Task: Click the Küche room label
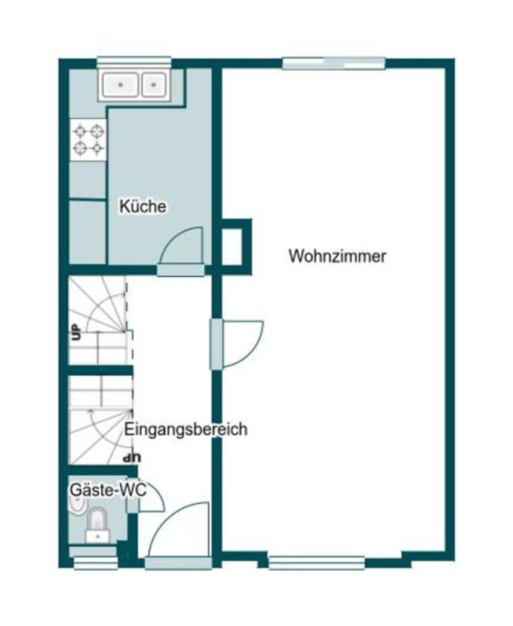(143, 206)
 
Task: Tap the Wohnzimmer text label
(337, 256)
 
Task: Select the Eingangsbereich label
(186, 430)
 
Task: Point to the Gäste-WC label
(97, 489)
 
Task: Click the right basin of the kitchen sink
(154, 84)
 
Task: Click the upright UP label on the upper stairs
(75, 332)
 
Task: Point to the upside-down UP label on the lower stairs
(132, 457)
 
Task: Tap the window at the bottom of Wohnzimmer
(316, 561)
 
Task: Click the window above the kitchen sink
(134, 62)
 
